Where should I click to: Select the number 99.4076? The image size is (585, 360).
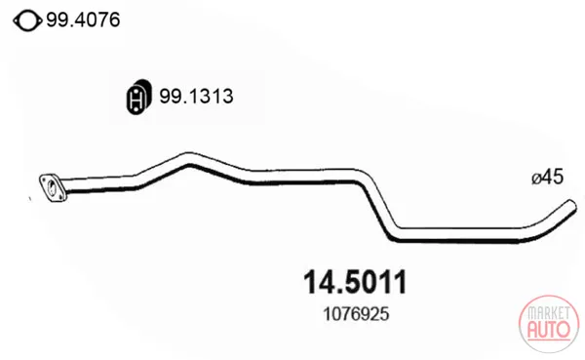[x=83, y=20]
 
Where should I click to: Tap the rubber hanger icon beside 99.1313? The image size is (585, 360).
[x=137, y=97]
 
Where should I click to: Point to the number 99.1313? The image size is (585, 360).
[x=196, y=96]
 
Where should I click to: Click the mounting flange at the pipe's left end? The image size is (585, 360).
[x=53, y=188]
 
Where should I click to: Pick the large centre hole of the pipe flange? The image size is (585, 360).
[x=52, y=186]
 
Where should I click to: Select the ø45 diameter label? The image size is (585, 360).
[x=547, y=177]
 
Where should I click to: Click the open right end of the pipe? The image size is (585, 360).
[x=570, y=207]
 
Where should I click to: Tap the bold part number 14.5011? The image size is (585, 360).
[x=355, y=282]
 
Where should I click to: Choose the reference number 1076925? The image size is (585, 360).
[x=356, y=314]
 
